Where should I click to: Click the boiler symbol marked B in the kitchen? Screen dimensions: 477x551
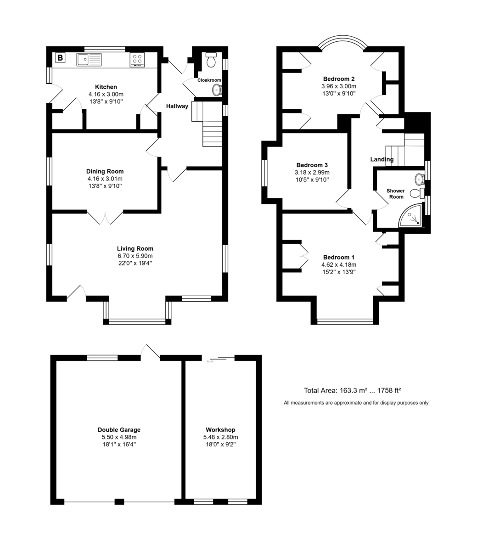point(60,57)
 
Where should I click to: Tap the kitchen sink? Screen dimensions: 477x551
point(89,59)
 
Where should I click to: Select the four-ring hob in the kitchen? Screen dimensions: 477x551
point(137,60)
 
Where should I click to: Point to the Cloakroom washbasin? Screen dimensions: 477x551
point(217,90)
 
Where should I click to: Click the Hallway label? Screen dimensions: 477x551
point(177,106)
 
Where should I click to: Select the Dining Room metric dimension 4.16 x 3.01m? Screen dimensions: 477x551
point(105,179)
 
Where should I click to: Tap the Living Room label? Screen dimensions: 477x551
point(135,248)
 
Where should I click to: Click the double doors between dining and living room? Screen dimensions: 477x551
point(105,217)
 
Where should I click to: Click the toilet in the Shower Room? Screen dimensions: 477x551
point(417,193)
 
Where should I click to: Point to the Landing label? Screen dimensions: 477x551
point(382,159)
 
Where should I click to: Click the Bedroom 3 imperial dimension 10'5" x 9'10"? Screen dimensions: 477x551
point(312,180)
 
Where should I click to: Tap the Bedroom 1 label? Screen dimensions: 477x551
point(339,257)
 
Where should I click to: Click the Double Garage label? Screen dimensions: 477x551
point(119,429)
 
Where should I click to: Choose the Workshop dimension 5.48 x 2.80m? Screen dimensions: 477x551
point(220,437)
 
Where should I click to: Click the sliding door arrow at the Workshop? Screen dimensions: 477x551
point(210,361)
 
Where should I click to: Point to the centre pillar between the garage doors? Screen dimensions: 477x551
point(119,501)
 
